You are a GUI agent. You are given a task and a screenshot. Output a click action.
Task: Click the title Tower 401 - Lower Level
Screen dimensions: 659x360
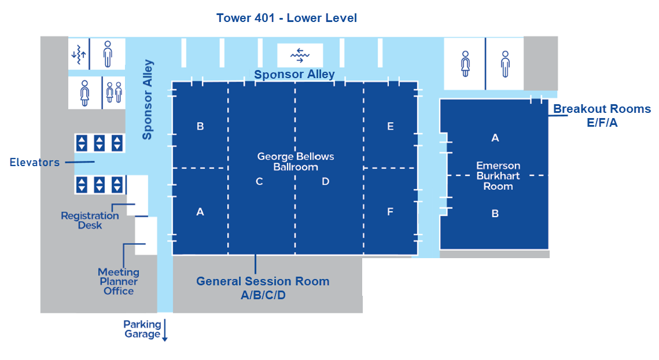[x=286, y=18]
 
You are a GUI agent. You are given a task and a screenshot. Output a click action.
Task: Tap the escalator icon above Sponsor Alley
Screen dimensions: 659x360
[x=299, y=55]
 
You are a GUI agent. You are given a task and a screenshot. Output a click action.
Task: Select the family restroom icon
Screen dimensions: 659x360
[x=113, y=93]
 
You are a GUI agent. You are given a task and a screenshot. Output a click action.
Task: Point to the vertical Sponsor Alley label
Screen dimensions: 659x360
[x=148, y=100]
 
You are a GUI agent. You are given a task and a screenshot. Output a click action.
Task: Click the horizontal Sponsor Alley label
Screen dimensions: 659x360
[x=294, y=74]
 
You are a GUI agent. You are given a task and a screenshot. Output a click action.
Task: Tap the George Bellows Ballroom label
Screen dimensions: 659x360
[x=296, y=161]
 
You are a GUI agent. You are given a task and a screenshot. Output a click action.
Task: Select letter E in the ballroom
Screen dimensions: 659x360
[x=391, y=126]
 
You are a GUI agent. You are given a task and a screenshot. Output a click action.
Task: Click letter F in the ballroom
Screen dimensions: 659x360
[x=390, y=212]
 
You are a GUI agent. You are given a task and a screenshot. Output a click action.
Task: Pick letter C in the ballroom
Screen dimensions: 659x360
[x=259, y=182]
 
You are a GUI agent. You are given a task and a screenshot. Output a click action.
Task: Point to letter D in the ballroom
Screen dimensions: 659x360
[x=325, y=182]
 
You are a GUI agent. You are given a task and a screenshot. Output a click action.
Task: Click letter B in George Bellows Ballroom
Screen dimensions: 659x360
[x=200, y=126]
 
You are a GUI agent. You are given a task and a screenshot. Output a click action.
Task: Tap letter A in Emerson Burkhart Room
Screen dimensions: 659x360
[x=495, y=138]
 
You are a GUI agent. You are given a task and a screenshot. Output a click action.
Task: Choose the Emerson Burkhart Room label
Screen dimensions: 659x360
[x=498, y=176]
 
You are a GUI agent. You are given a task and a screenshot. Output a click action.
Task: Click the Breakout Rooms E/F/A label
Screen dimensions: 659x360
[x=602, y=115]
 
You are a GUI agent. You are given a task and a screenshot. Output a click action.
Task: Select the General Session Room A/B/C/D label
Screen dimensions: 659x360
[x=263, y=288]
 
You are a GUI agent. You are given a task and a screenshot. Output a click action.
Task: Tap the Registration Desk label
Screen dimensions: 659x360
[x=90, y=220]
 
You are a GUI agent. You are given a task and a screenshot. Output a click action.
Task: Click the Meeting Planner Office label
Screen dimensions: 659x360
[x=119, y=281]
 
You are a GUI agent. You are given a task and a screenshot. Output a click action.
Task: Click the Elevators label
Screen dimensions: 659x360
[x=35, y=162]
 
